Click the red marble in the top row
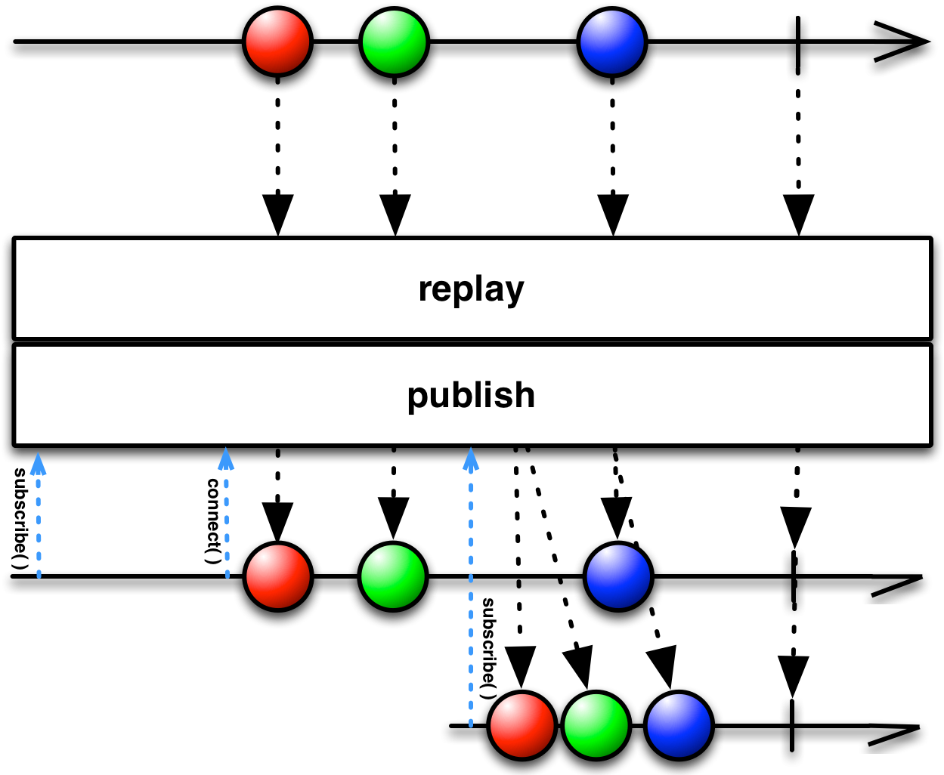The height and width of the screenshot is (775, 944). pyautogui.click(x=278, y=42)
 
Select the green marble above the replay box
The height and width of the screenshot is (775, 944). pyautogui.click(x=394, y=42)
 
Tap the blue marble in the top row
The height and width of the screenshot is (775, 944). pyautogui.click(x=612, y=42)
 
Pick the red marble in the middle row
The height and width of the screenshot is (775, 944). pyautogui.click(x=278, y=576)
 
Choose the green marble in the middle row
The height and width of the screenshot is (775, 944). pyautogui.click(x=393, y=576)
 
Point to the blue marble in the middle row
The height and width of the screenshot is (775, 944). pyautogui.click(x=618, y=576)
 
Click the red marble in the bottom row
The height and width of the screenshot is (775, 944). pyautogui.click(x=522, y=725)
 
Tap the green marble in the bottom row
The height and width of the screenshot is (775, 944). pyautogui.click(x=596, y=725)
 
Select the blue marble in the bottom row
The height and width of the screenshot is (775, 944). pyautogui.click(x=679, y=725)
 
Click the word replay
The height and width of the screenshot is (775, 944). pyautogui.click(x=471, y=289)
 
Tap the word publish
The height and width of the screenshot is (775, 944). pyautogui.click(x=471, y=395)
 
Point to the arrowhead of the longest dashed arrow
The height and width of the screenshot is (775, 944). pyautogui.click(x=471, y=458)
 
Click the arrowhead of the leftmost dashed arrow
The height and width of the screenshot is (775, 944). pyautogui.click(x=38, y=463)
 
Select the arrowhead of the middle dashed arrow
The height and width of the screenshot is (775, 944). pyautogui.click(x=225, y=459)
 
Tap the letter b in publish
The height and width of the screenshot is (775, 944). pyautogui.click(x=451, y=394)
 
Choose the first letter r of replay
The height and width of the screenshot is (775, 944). pyautogui.click(x=425, y=290)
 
